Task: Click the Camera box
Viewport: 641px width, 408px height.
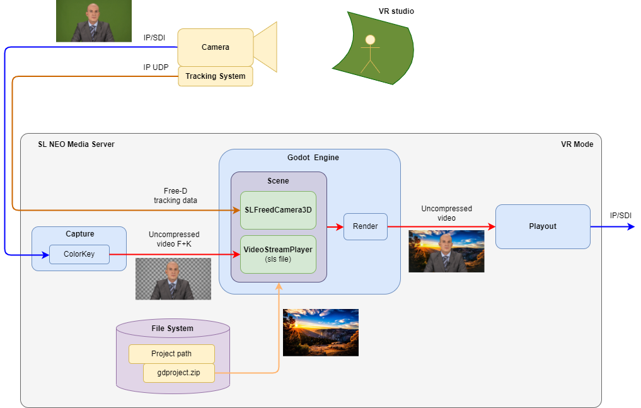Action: (216, 47)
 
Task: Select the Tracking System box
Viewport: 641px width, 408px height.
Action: (216, 76)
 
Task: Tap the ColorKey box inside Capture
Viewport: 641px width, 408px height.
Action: (79, 254)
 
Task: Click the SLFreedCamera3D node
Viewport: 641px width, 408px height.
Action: (278, 210)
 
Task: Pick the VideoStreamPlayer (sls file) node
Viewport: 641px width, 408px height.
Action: (278, 254)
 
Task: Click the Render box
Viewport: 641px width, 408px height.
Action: (366, 226)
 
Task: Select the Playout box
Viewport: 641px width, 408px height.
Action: (543, 226)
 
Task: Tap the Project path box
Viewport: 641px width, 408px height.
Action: (171, 354)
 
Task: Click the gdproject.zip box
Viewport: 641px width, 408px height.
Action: (179, 373)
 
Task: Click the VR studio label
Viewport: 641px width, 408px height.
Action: (396, 11)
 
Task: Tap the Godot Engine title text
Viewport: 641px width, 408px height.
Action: (313, 158)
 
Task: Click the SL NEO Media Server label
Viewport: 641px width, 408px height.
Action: (76, 144)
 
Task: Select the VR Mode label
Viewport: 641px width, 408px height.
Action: (577, 144)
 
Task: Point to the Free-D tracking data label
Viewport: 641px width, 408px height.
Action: (175, 196)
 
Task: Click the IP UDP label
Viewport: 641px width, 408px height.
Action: (156, 67)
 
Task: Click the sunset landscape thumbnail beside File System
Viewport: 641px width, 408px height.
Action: (321, 332)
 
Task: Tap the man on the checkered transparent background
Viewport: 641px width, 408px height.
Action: (173, 279)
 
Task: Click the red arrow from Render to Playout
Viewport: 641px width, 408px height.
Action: (441, 226)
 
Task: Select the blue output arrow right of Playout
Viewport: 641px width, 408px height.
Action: (613, 226)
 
